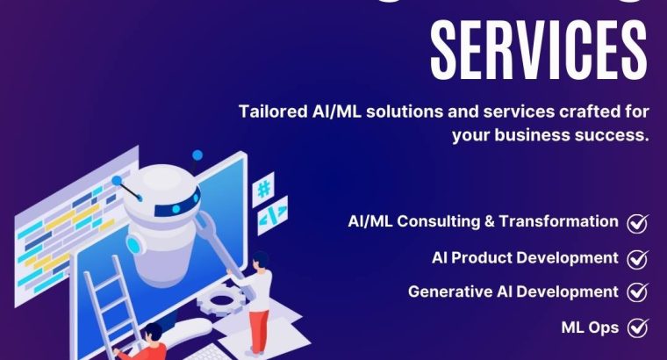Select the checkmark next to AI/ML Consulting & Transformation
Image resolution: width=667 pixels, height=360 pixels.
tap(638, 223)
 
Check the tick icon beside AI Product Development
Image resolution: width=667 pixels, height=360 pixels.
tap(638, 258)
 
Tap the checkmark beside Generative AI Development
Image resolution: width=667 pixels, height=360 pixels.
tap(638, 293)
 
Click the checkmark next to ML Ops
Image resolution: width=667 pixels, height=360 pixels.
tap(638, 328)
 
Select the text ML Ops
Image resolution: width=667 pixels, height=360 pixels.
tap(590, 328)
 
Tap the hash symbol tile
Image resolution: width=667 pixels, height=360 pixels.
tap(262, 189)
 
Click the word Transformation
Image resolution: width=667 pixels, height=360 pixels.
tap(559, 222)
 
